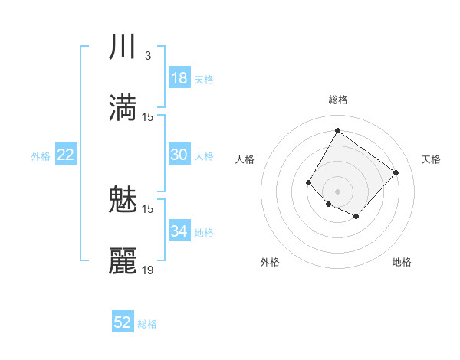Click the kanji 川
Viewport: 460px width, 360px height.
pos(123,48)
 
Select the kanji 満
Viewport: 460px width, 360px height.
pos(123,108)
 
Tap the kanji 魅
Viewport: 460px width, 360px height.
pos(123,201)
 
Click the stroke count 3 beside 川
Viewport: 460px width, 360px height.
pos(147,56)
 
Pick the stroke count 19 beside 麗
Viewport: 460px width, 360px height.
pos(148,270)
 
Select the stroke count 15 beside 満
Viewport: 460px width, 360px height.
pos(148,116)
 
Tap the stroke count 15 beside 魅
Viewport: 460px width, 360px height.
pos(148,208)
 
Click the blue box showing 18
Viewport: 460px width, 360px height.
pos(179,78)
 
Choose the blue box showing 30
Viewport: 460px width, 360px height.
pos(179,155)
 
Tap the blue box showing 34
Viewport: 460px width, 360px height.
pos(179,231)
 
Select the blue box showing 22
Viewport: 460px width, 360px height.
pos(65,155)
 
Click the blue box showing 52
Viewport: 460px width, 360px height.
pos(123,322)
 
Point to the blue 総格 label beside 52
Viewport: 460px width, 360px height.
pos(147,324)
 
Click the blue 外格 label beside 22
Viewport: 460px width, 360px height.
pos(41,156)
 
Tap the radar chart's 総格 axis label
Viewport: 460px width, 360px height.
pos(337,100)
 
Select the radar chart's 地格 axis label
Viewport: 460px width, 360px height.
pos(402,262)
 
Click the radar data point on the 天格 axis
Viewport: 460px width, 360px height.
pos(396,172)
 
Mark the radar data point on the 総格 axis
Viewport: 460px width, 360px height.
pos(337,130)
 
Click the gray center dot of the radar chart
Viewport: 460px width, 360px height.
pos(337,191)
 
